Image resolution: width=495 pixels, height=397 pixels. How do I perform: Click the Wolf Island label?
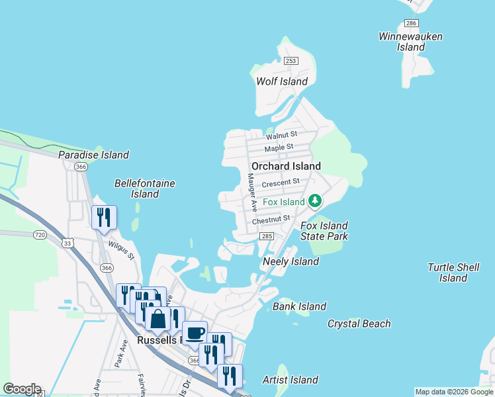(x=282, y=81)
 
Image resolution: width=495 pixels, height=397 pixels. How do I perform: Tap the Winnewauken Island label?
(x=410, y=42)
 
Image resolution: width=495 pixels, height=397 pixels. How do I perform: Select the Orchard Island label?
(x=286, y=166)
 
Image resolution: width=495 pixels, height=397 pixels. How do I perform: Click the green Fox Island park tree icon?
(x=316, y=200)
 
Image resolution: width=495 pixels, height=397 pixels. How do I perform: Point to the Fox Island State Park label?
(x=324, y=231)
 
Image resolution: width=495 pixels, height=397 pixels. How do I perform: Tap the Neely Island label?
(x=291, y=261)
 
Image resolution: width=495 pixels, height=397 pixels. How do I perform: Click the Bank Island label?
(x=299, y=306)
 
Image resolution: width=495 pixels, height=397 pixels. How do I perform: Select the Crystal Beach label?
(x=359, y=324)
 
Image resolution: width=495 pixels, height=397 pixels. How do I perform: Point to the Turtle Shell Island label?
(x=453, y=273)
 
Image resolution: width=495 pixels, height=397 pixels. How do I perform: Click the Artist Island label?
(x=290, y=380)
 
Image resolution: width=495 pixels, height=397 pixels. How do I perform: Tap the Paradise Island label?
(x=93, y=155)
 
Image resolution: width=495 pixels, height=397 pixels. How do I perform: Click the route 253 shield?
(x=291, y=61)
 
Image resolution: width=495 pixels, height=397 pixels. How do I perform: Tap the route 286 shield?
(x=411, y=23)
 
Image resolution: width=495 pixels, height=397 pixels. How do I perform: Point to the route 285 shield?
(x=267, y=236)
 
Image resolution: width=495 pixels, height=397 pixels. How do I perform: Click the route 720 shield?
(x=40, y=235)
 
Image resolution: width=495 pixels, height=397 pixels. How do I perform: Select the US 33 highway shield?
(x=67, y=243)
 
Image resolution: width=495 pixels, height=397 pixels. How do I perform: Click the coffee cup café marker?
(x=195, y=333)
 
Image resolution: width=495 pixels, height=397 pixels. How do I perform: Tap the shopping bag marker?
(x=158, y=320)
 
